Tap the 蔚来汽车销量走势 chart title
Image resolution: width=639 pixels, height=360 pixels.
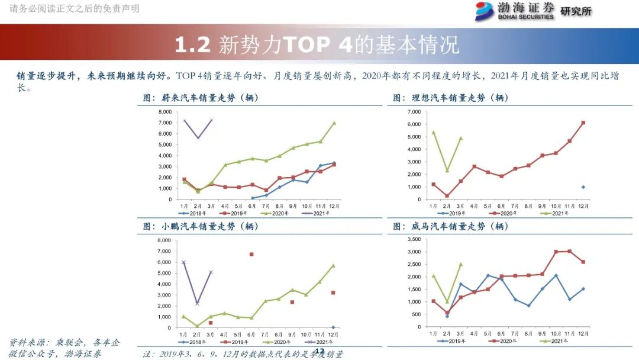tap(201, 98)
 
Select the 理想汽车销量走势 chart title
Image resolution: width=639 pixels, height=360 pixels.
tap(451, 98)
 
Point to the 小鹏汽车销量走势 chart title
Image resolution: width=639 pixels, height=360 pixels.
tap(201, 226)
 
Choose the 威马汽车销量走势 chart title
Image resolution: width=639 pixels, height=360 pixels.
tap(451, 226)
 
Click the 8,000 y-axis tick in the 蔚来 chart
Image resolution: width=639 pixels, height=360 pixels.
tap(164, 111)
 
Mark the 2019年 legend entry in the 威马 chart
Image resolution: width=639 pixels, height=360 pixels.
tap(454, 341)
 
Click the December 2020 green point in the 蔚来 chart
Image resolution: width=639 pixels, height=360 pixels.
tap(334, 123)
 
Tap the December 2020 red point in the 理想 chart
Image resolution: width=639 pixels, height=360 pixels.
tap(583, 123)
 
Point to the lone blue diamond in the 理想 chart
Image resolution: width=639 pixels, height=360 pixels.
tap(583, 187)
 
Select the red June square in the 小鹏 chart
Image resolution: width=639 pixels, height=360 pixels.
tap(251, 254)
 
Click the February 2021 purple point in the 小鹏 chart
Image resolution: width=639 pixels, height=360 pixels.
tap(197, 303)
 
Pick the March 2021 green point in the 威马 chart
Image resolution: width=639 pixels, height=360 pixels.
tap(461, 264)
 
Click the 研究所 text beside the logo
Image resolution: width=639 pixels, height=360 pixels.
tap(576, 11)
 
